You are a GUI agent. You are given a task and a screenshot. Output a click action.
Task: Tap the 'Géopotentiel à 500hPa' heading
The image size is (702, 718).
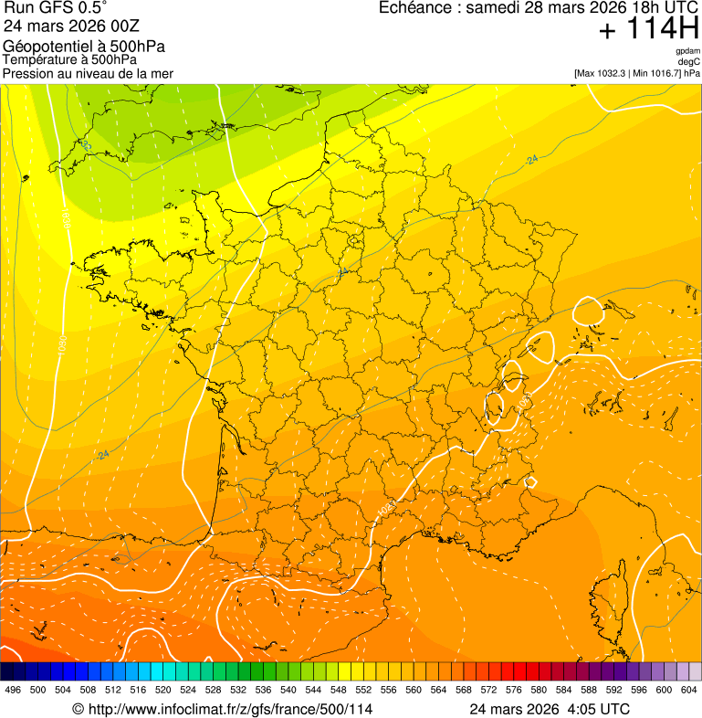[84, 47]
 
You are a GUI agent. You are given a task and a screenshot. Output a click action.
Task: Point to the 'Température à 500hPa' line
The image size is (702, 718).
[69, 60]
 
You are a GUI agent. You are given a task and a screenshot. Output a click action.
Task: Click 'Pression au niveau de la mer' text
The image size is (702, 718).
[88, 73]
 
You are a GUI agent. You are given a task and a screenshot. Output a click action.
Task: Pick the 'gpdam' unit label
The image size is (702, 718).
[687, 51]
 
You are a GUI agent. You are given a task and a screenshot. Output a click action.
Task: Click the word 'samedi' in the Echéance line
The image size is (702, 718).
[493, 8]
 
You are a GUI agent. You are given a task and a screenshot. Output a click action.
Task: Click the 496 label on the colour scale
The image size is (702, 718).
[13, 690]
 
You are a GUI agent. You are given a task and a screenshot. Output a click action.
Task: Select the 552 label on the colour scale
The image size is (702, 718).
[362, 690]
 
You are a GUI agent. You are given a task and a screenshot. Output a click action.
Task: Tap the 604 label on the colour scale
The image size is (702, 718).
[688, 690]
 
